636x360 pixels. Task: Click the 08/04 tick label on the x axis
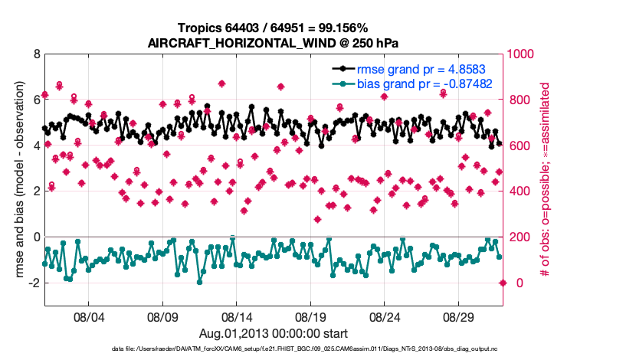click(88, 316)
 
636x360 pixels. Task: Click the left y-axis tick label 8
click(37, 54)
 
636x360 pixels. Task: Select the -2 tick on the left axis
click(34, 283)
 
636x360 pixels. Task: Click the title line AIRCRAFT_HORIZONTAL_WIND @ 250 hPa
click(274, 43)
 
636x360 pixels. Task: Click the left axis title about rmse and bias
click(17, 180)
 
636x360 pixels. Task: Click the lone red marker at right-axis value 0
click(503, 283)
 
